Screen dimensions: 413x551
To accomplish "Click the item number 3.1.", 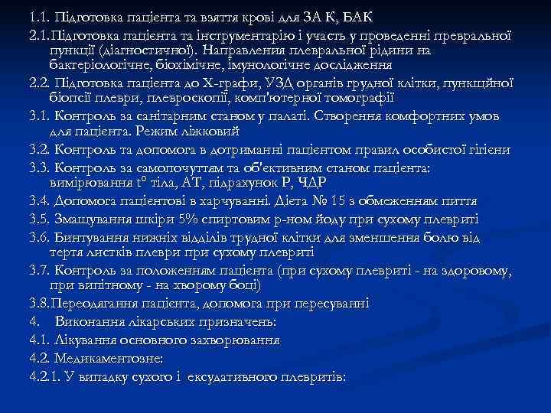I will coord(39,115).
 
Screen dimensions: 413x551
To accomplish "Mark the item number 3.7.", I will coord(39,270).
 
